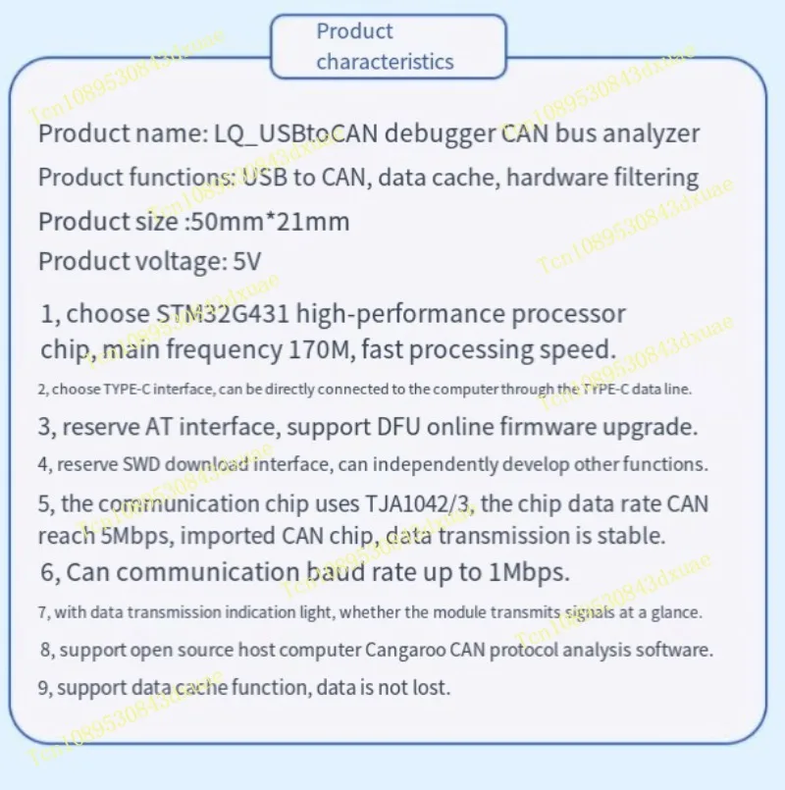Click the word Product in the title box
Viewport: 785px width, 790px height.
click(354, 31)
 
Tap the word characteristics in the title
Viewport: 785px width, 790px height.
click(385, 62)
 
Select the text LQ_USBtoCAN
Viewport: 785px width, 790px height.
click(295, 134)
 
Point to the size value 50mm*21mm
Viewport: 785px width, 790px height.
click(270, 222)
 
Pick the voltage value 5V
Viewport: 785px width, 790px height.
click(247, 261)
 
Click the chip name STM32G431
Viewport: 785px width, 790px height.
click(223, 314)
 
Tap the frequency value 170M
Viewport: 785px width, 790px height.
click(319, 349)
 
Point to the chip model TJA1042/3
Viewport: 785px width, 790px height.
click(419, 503)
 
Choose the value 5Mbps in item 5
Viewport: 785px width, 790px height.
click(136, 536)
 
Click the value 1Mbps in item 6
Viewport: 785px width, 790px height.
click(529, 572)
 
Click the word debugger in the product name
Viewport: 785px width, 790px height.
click(440, 134)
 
